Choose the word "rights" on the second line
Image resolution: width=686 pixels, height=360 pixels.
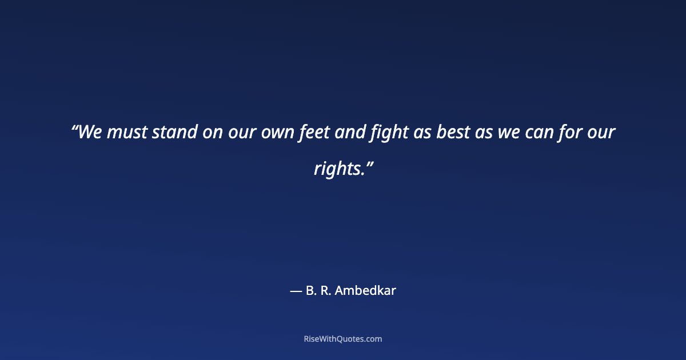pyautogui.click(x=337, y=169)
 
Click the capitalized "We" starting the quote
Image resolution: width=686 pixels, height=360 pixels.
pyautogui.click(x=89, y=133)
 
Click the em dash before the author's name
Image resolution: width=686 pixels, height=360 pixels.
pyautogui.click(x=296, y=291)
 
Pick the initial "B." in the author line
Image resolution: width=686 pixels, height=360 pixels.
pyautogui.click(x=312, y=290)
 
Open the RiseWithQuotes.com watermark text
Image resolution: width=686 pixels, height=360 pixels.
pyautogui.click(x=343, y=339)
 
